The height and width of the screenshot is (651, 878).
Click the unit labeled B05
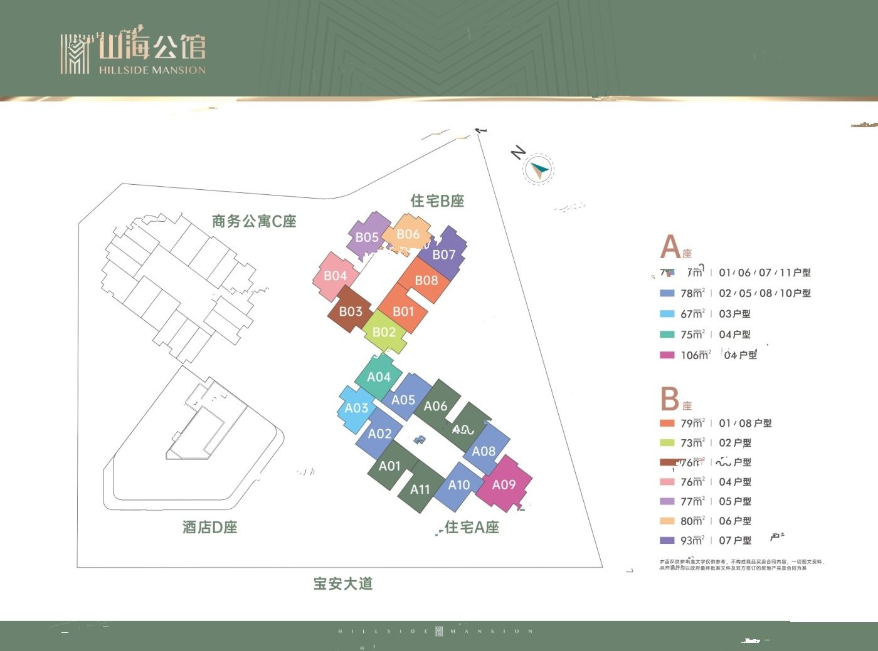pos(367,237)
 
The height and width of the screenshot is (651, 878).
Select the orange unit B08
pos(426,280)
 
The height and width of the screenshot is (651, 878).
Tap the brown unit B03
pos(351,311)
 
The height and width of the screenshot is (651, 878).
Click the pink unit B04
pos(336,276)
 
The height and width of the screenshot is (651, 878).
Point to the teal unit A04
pos(379,377)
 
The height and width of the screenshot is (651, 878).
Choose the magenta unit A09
pos(504,484)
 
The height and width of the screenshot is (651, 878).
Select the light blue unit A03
pos(357,408)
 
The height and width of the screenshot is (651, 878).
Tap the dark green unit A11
pos(420,489)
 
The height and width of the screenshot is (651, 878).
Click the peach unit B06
pos(408,234)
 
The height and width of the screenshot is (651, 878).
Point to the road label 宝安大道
pos(343,584)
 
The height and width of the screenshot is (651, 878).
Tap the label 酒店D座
pos(210,528)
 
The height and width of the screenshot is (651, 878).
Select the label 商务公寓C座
pos(254,221)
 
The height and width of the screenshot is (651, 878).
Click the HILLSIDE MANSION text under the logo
pos(152,70)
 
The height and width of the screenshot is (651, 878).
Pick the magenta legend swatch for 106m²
pos(667,355)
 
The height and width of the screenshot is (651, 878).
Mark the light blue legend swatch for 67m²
pos(667,314)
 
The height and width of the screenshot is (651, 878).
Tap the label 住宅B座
pos(437,201)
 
